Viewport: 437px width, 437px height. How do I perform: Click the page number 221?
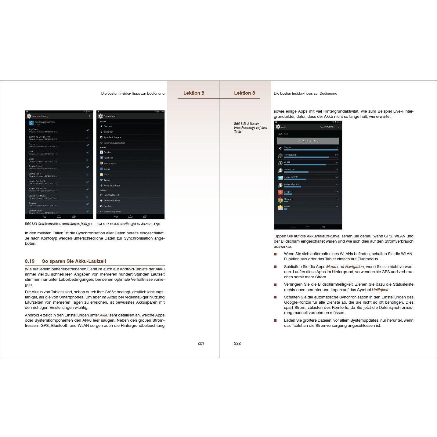click(200, 343)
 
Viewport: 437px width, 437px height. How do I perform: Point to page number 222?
click(237, 343)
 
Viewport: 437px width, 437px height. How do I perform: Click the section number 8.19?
click(30, 261)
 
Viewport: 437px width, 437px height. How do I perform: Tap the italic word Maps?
click(331, 267)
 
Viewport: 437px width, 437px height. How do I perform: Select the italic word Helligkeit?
click(380, 290)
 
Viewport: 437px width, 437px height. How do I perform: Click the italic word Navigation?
click(354, 267)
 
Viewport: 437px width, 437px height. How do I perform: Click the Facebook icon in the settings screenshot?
click(101, 158)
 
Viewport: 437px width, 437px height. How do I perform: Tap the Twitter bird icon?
click(101, 180)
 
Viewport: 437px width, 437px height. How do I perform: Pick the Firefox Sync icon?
click(101, 163)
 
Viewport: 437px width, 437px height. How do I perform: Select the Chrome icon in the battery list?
click(280, 200)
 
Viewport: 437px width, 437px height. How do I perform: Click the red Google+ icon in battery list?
click(280, 193)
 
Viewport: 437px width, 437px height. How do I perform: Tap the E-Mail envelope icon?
click(280, 208)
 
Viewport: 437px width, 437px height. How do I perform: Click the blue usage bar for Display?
click(311, 150)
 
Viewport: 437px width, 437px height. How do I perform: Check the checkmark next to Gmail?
click(88, 160)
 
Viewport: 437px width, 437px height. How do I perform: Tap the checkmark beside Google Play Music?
click(88, 197)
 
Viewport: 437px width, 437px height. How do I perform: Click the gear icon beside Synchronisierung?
click(29, 116)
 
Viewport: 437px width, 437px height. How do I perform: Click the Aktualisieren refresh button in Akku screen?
click(327, 127)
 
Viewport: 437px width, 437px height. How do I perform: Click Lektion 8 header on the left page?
click(194, 93)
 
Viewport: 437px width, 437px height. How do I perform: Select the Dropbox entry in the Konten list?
click(107, 152)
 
